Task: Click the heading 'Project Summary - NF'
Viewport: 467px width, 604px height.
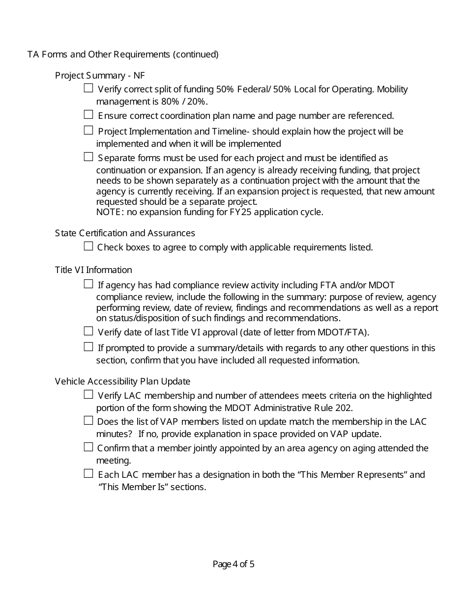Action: pyautogui.click(x=100, y=76)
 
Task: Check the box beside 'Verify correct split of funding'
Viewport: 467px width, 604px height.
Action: pyautogui.click(x=88, y=88)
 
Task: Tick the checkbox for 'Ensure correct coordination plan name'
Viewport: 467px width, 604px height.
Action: pyautogui.click(x=88, y=115)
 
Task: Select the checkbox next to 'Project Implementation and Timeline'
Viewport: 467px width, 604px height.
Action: pyautogui.click(x=88, y=131)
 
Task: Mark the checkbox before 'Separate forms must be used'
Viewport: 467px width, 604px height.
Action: pyautogui.click(x=88, y=157)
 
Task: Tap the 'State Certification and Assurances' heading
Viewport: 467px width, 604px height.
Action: pyautogui.click(x=125, y=233)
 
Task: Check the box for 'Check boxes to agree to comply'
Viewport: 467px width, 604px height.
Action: pyautogui.click(x=88, y=247)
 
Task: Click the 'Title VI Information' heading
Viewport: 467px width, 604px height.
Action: pyautogui.click(x=93, y=270)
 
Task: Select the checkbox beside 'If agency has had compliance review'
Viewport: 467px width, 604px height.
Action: pyautogui.click(x=88, y=284)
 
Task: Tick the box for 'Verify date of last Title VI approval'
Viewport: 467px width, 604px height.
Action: pyautogui.click(x=88, y=331)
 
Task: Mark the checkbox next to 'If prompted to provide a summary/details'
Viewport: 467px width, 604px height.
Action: pyautogui.click(x=88, y=347)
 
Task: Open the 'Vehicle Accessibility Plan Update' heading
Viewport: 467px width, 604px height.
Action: pyautogui.click(x=122, y=382)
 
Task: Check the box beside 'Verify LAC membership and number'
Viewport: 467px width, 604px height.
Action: pyautogui.click(x=88, y=395)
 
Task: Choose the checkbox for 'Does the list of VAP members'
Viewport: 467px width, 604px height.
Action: pyautogui.click(x=88, y=421)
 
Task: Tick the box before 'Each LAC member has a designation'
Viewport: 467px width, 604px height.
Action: pyautogui.click(x=88, y=474)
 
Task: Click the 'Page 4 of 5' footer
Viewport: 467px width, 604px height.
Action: pyautogui.click(x=233, y=564)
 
